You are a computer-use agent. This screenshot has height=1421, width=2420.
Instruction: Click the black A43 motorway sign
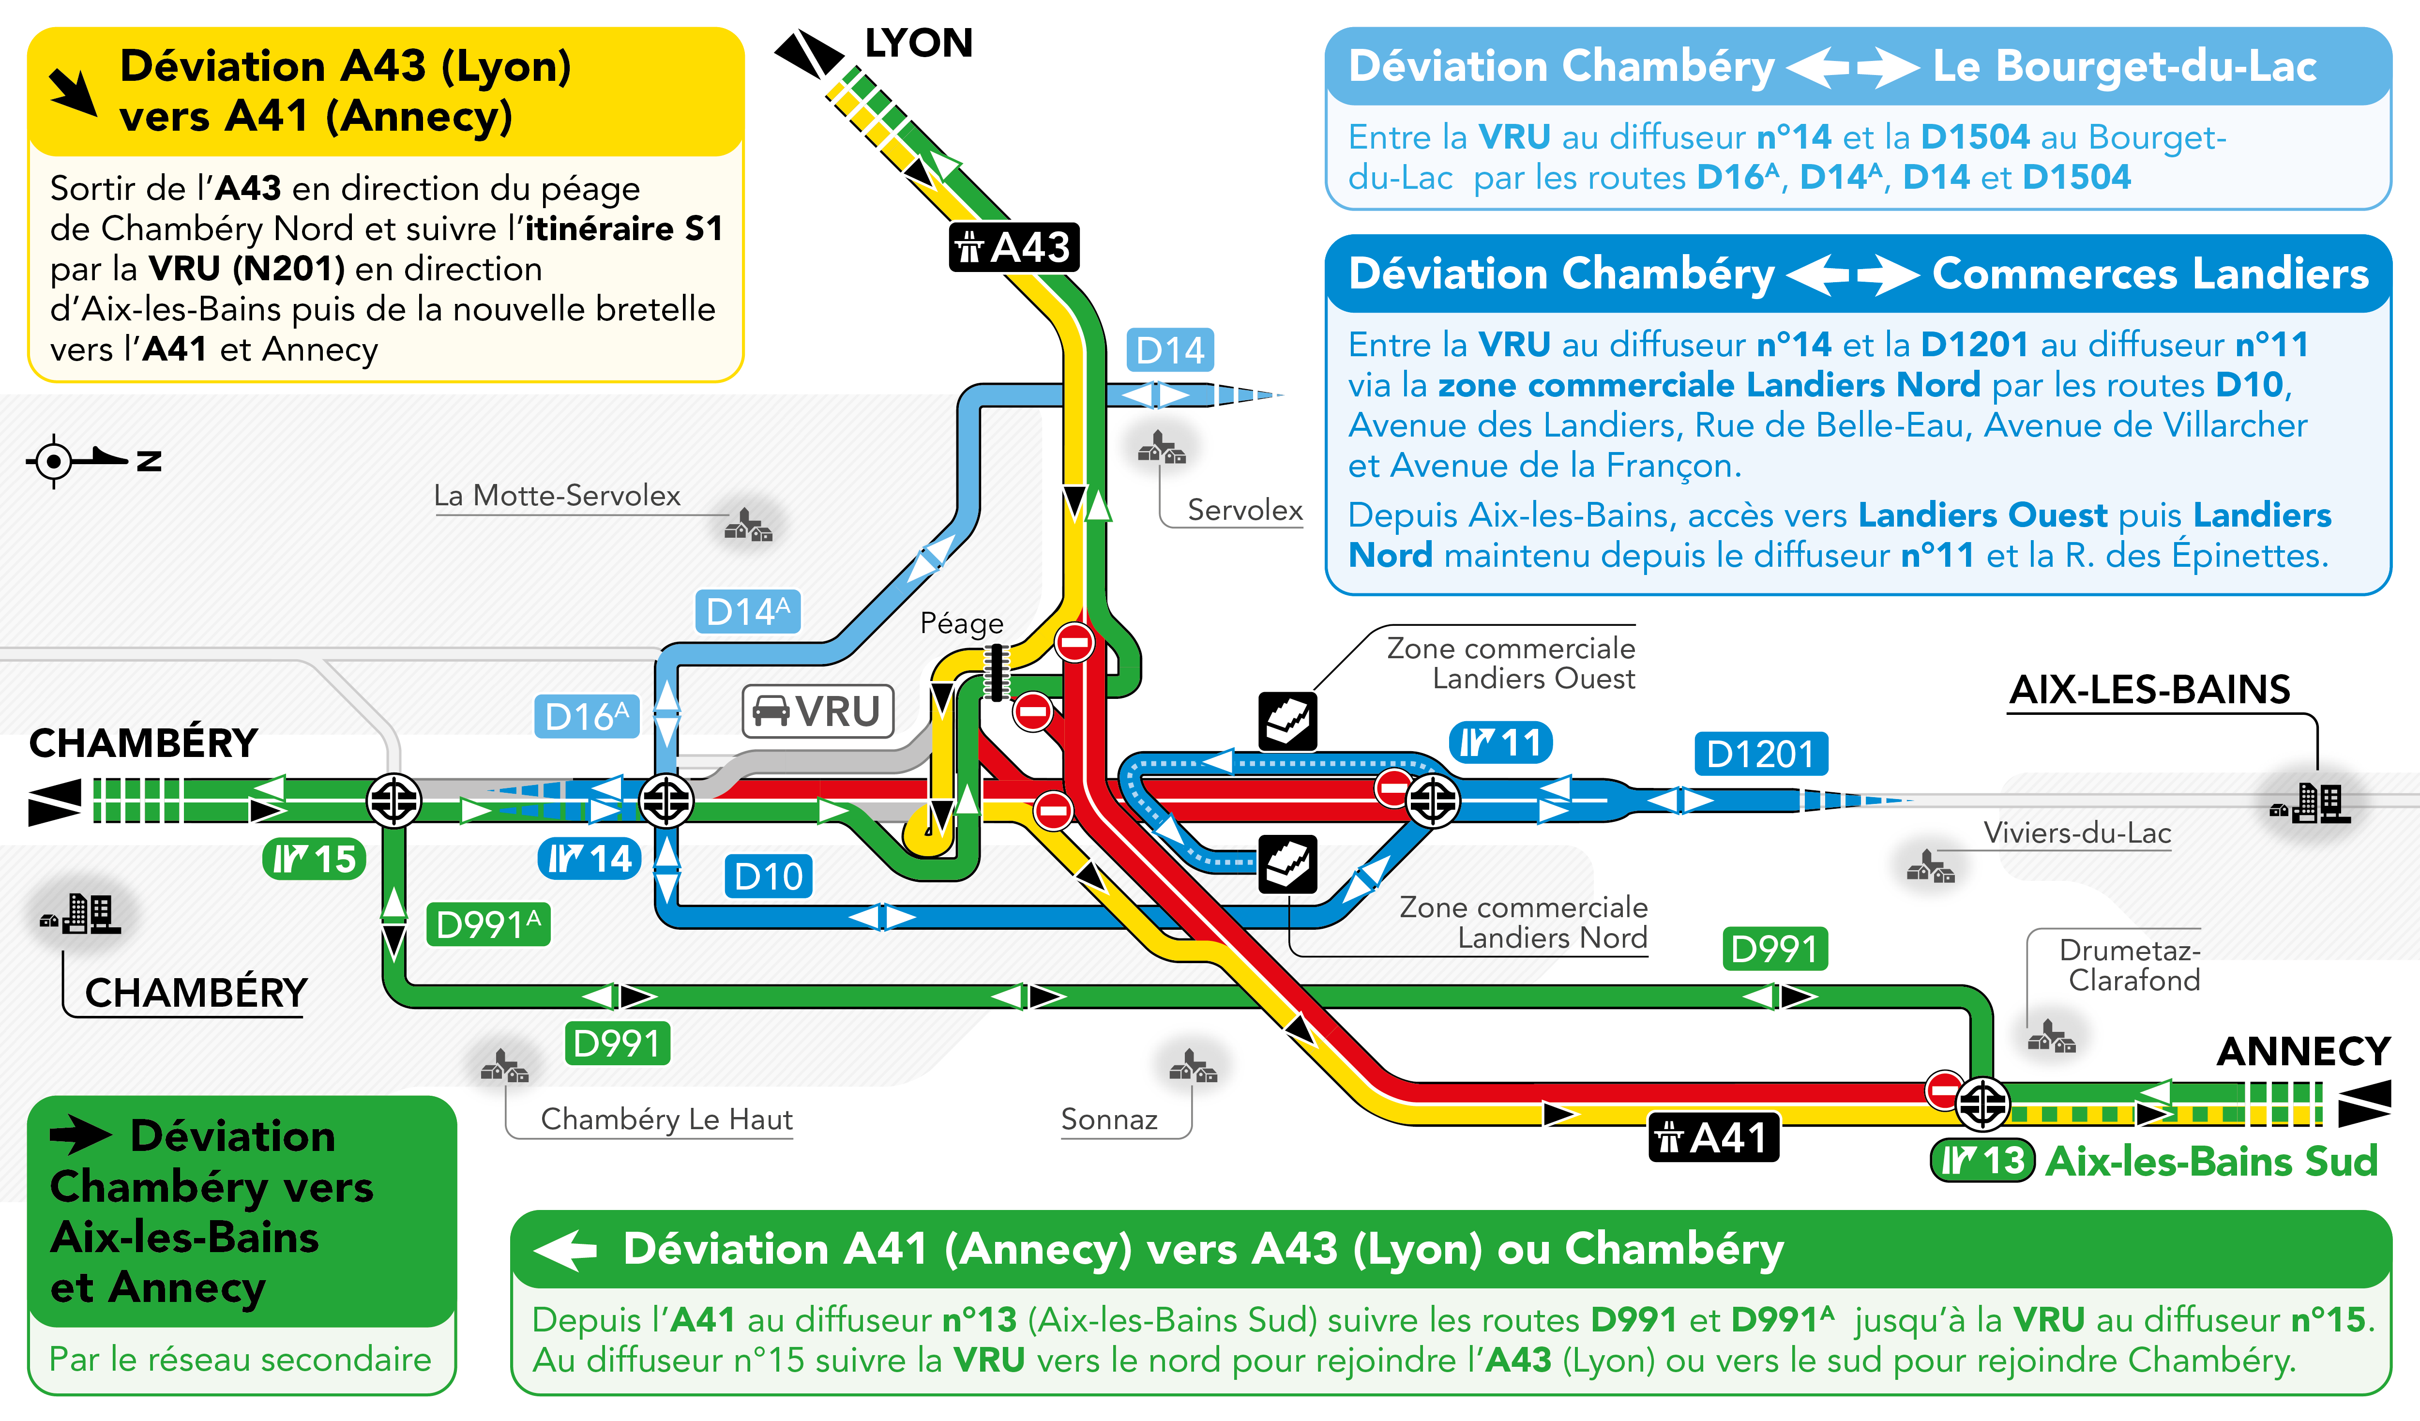pyautogui.click(x=1014, y=248)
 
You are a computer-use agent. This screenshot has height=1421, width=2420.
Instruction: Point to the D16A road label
pyautogui.click(x=586, y=716)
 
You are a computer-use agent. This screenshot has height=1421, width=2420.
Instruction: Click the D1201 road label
pyautogui.click(x=1760, y=754)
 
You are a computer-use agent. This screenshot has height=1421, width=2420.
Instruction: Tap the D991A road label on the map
pyautogui.click(x=488, y=924)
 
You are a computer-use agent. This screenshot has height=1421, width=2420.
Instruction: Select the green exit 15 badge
pyautogui.click(x=314, y=859)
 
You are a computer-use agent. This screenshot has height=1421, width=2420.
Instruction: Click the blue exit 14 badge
pyautogui.click(x=589, y=859)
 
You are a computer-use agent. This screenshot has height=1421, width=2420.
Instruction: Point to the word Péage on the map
pyautogui.click(x=961, y=624)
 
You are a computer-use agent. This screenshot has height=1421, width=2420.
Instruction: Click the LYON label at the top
pyautogui.click(x=918, y=43)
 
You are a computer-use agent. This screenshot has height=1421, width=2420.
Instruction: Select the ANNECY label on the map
pyautogui.click(x=2302, y=1051)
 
